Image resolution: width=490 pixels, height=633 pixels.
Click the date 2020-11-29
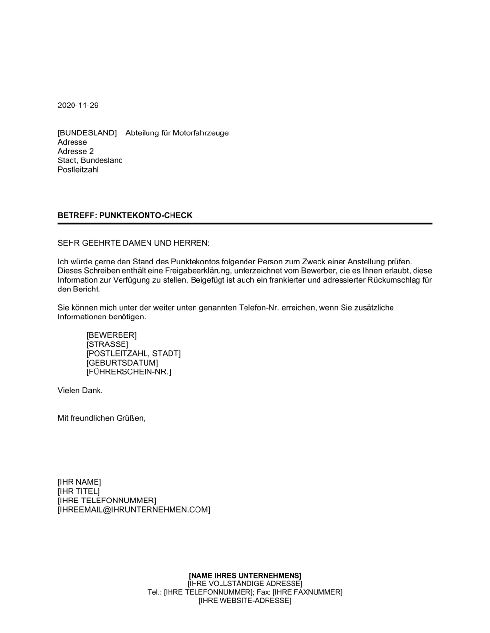[78, 105]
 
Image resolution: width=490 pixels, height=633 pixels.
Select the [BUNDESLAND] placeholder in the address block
[87, 133]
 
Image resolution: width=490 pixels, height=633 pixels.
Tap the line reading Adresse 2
[75, 151]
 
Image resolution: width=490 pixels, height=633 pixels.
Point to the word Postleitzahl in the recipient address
[78, 170]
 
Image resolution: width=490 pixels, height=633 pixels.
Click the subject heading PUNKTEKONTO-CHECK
[146, 215]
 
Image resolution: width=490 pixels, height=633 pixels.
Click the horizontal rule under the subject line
[245, 224]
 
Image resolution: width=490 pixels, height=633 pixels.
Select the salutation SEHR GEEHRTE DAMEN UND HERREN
[133, 243]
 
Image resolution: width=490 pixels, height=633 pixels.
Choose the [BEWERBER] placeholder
[112, 335]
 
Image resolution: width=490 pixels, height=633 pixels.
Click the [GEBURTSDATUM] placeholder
[122, 363]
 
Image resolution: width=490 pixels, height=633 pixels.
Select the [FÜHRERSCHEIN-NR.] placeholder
[129, 372]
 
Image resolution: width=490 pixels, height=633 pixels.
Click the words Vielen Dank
[80, 391]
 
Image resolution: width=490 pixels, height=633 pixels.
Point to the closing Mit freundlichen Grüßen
[101, 418]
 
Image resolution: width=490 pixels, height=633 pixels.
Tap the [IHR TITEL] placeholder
[79, 491]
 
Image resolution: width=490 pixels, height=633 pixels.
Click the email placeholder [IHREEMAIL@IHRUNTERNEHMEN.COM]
[134, 510]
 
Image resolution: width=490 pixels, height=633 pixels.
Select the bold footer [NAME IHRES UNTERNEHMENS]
[245, 575]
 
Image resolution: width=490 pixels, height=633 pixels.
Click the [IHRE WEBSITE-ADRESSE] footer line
[245, 601]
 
